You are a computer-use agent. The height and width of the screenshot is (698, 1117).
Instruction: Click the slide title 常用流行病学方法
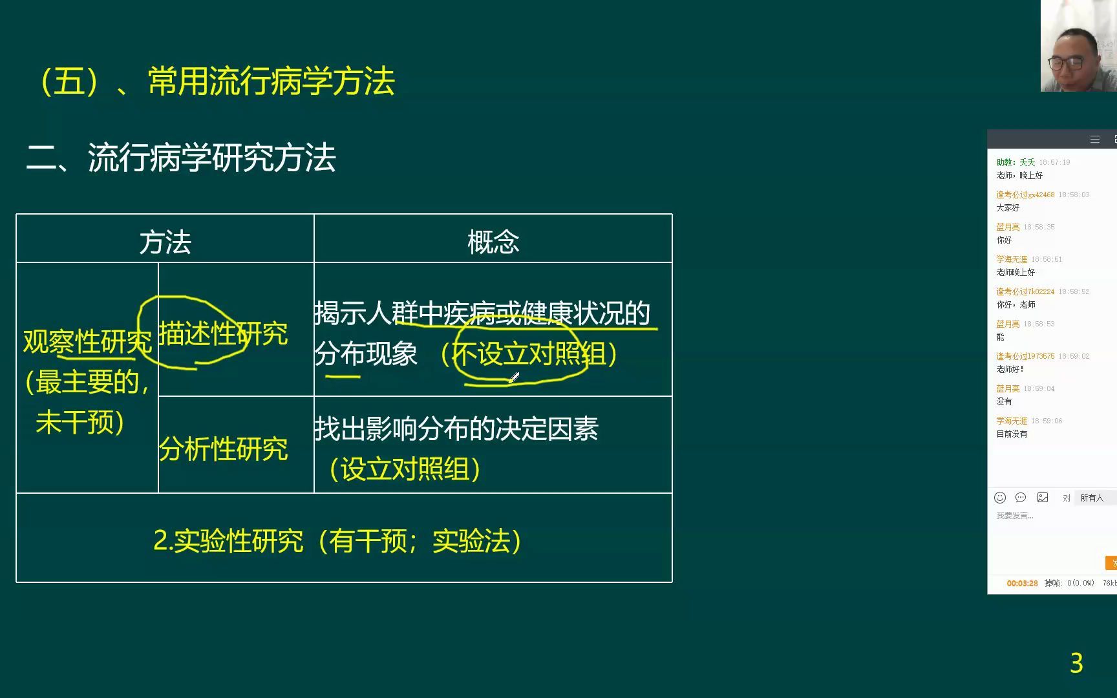tap(271, 81)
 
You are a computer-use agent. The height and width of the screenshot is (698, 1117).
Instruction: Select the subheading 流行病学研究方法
tap(211, 158)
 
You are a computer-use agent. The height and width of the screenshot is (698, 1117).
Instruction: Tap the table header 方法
tap(165, 242)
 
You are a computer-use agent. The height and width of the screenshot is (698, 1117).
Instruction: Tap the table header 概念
tap(493, 242)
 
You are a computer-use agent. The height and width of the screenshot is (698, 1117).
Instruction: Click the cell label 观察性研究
tap(87, 341)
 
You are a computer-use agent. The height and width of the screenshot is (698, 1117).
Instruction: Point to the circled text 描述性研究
tap(222, 333)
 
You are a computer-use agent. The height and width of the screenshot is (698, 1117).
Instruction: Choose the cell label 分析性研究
tap(223, 449)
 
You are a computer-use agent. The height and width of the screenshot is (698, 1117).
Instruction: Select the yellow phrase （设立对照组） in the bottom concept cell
tap(405, 469)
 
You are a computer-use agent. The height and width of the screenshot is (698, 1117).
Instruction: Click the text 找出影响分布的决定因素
tap(456, 428)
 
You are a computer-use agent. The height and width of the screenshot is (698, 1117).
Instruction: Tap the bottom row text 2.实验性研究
tap(228, 541)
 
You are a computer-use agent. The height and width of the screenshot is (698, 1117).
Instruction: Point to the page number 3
tap(1076, 663)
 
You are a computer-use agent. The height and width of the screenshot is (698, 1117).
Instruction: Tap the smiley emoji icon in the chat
tap(1000, 498)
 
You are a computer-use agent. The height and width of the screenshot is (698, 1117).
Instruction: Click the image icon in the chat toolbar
tap(1043, 498)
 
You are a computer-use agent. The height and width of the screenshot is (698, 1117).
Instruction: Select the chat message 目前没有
tap(1012, 434)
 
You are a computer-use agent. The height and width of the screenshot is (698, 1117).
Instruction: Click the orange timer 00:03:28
tap(1022, 583)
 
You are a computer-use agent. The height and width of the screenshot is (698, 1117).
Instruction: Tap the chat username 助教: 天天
tap(1016, 162)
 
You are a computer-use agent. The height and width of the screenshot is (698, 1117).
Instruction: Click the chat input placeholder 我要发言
tap(1015, 516)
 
